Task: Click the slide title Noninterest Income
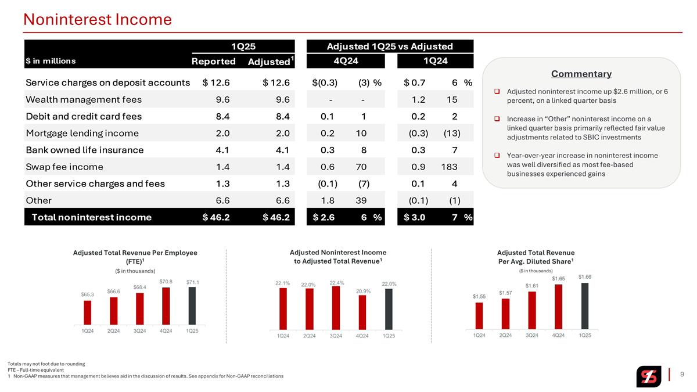point(98,20)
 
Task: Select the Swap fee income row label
point(64,167)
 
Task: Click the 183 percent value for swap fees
point(449,167)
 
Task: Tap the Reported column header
point(214,62)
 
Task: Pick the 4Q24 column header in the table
point(346,60)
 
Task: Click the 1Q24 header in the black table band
point(435,60)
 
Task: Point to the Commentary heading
point(581,74)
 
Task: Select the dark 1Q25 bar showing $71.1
point(192,306)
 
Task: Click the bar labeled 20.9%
point(362,312)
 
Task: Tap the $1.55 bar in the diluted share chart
point(479,316)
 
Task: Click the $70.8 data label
point(166,282)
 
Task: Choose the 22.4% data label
point(337,283)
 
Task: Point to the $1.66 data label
point(585,276)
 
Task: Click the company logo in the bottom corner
point(648,376)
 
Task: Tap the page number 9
point(682,374)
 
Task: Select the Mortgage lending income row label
point(82,134)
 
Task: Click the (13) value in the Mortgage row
point(452,134)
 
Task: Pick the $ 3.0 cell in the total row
point(415,217)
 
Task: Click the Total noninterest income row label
point(92,217)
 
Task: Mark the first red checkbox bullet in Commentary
point(497,92)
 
